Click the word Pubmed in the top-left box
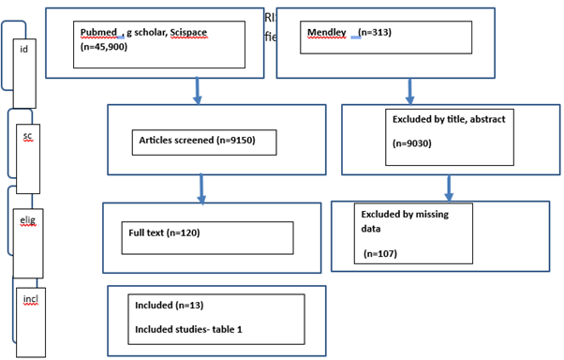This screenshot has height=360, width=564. [98, 33]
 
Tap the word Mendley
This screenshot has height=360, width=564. [327, 33]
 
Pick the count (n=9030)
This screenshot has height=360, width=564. [411, 144]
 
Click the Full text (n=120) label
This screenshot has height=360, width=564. [164, 232]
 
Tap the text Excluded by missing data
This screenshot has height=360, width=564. [405, 221]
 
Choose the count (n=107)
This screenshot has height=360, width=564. [382, 254]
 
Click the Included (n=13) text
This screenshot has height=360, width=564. [170, 306]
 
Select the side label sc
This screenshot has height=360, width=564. [27, 136]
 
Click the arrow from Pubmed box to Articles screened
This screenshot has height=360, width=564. [197, 88]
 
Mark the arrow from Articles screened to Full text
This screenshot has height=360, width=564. [201, 187]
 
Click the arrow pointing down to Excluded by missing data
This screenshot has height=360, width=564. [448, 187]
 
